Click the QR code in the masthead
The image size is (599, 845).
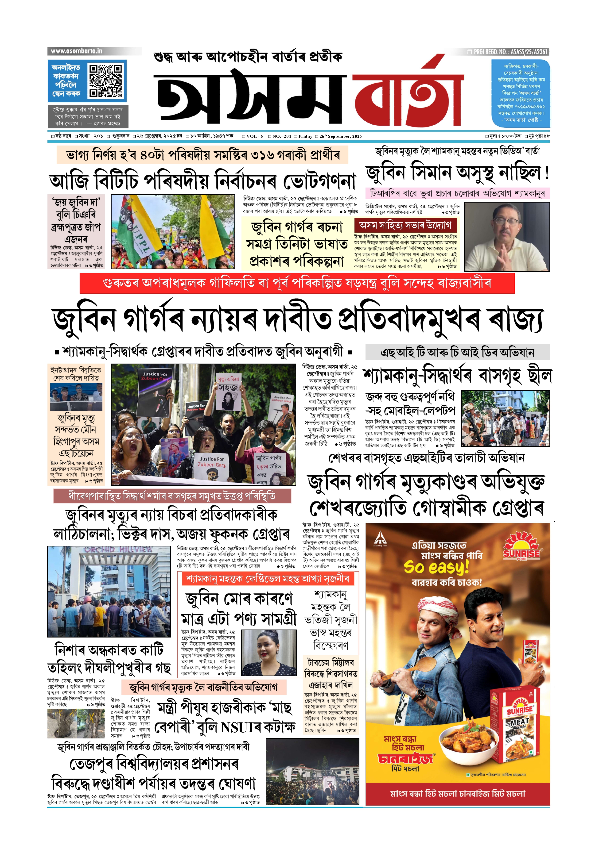click(x=106, y=81)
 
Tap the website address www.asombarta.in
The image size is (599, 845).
click(x=76, y=51)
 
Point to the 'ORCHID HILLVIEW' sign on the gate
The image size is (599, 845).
click(x=119, y=549)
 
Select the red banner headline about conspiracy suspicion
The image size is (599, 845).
click(x=297, y=283)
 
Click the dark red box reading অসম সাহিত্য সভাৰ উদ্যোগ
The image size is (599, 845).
click(x=405, y=225)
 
